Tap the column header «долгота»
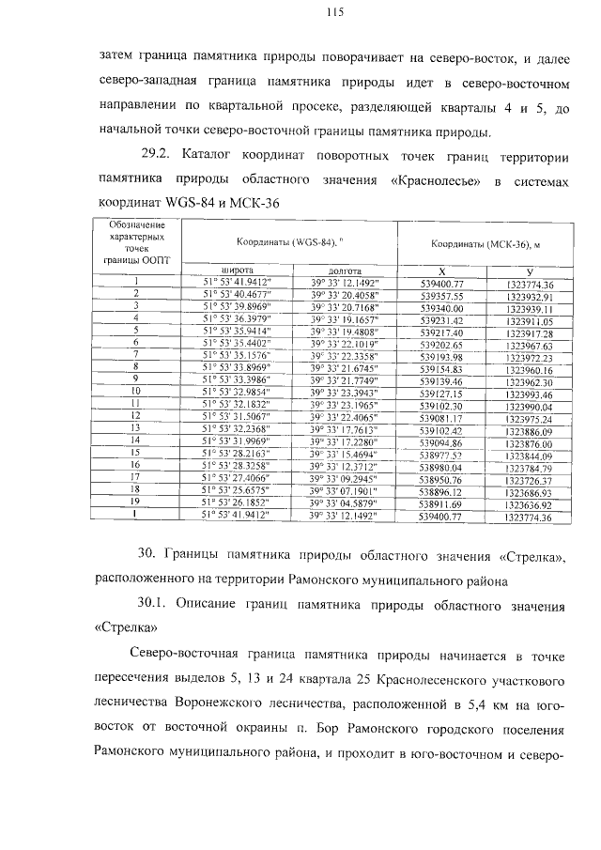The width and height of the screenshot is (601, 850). tap(344, 270)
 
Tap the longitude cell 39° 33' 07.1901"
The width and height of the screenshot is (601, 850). tap(345, 490)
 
